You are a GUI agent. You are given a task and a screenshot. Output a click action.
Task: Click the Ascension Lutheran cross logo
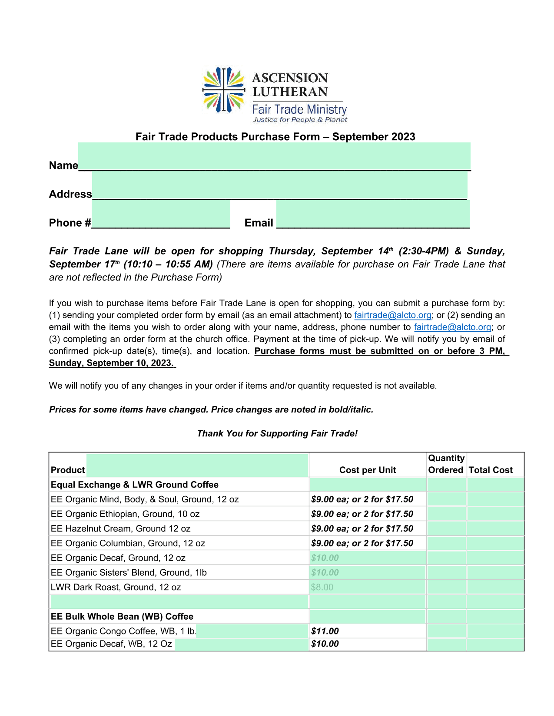pos(223,90)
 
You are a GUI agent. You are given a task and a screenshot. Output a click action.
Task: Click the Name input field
pos(274,156)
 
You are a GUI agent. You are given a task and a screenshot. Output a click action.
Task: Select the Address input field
pos(279,185)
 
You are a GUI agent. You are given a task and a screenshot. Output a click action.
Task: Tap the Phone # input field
pos(161,214)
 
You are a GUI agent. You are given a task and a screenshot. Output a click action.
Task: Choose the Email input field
pos(373,214)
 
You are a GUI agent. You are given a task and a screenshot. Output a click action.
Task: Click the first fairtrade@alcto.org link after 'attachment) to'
pos(392,315)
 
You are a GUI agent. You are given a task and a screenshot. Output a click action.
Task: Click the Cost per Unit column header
pos(367,470)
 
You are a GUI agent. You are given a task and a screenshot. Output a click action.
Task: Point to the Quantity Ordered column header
pos(446,464)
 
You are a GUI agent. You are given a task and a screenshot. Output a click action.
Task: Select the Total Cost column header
pos(491,470)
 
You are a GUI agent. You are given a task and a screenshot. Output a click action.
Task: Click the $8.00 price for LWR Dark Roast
pos(322,587)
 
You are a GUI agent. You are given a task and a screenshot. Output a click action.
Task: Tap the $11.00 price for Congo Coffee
pos(325,631)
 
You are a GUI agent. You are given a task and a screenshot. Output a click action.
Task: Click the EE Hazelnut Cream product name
pos(121,529)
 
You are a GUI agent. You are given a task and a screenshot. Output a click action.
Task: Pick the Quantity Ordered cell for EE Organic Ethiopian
pos(446,514)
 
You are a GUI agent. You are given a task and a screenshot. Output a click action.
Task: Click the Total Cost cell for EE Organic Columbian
pos(495,543)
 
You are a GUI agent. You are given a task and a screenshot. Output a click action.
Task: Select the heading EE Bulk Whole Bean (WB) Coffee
pos(122,617)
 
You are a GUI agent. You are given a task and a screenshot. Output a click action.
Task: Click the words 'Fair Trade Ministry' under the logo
pos(299,109)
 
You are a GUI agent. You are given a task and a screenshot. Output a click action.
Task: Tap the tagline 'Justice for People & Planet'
pos(300,120)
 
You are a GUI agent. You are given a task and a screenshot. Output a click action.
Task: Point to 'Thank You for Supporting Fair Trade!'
pos(277,433)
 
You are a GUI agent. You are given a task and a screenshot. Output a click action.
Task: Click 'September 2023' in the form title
pos(374,137)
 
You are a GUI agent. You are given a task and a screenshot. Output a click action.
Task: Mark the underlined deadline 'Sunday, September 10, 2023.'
pos(112,363)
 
